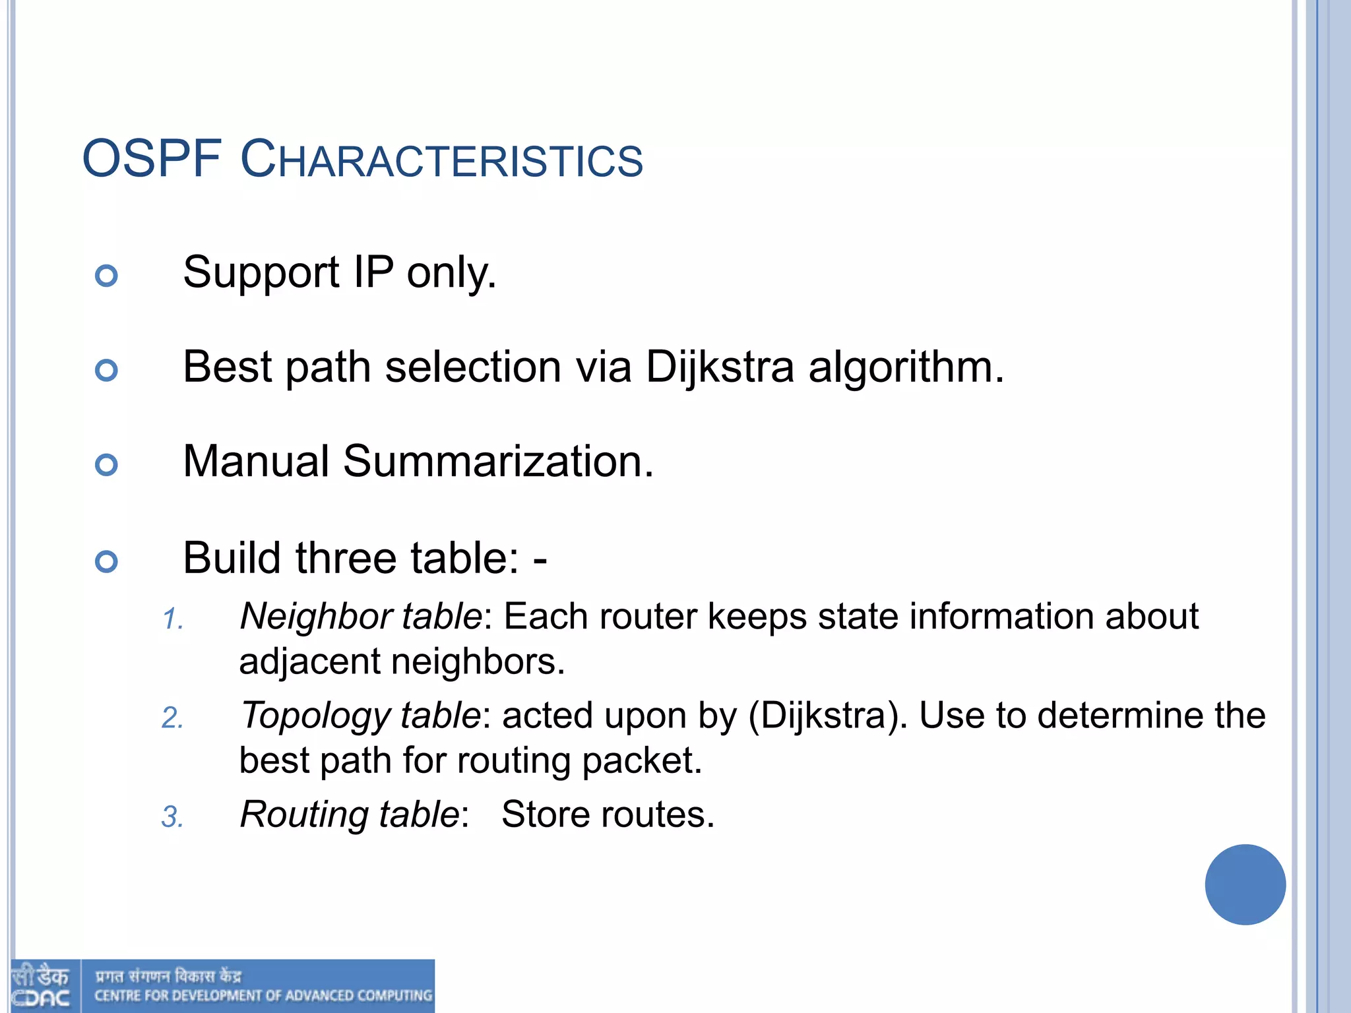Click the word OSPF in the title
[151, 159]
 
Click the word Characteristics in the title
[441, 160]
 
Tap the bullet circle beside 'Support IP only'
[106, 275]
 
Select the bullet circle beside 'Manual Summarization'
[106, 465]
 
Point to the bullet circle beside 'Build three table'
[106, 562]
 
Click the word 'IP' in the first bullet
[373, 272]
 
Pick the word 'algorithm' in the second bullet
[906, 367]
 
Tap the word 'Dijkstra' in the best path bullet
[719, 367]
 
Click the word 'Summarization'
[498, 461]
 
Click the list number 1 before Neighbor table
[172, 619]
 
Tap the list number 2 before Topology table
[172, 718]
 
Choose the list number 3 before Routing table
[172, 817]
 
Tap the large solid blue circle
[1245, 884]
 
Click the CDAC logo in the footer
[41, 987]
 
